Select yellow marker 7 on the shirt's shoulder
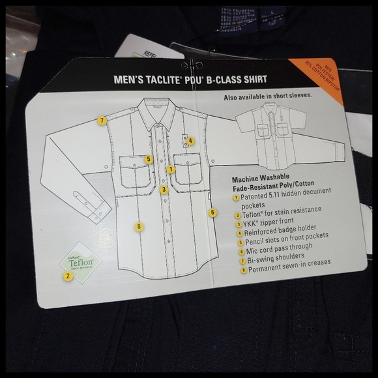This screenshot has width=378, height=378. point(102,120)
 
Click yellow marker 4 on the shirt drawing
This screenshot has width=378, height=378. point(190,140)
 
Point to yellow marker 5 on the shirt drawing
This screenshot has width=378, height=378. point(149,158)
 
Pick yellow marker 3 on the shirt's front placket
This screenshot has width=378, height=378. point(164,190)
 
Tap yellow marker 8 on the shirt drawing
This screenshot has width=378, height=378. point(139,226)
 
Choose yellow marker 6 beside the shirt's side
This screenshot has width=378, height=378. point(212,212)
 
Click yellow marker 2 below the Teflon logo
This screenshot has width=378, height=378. point(66,275)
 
